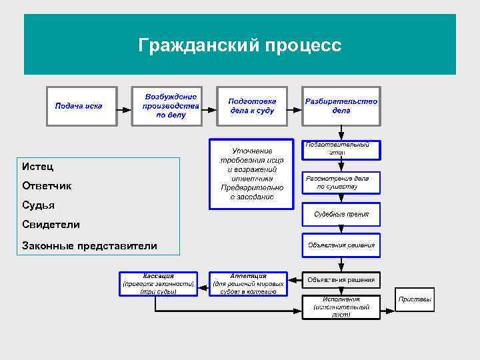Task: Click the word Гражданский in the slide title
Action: tap(193, 45)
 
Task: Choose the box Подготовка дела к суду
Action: tap(251, 106)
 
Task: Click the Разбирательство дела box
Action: tap(341, 106)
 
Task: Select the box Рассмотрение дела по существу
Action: tap(341, 182)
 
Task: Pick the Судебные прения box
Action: tap(341, 214)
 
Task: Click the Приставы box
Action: tap(415, 299)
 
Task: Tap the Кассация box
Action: tap(158, 283)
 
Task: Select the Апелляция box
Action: tap(248, 283)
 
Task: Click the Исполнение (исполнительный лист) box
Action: tap(341, 307)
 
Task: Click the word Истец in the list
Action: tap(37, 166)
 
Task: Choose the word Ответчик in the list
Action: tap(47, 186)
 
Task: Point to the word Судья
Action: tap(39, 205)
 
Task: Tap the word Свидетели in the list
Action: tap(51, 225)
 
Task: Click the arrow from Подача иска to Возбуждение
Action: tap(124, 107)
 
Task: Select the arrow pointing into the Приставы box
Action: tap(388, 309)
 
